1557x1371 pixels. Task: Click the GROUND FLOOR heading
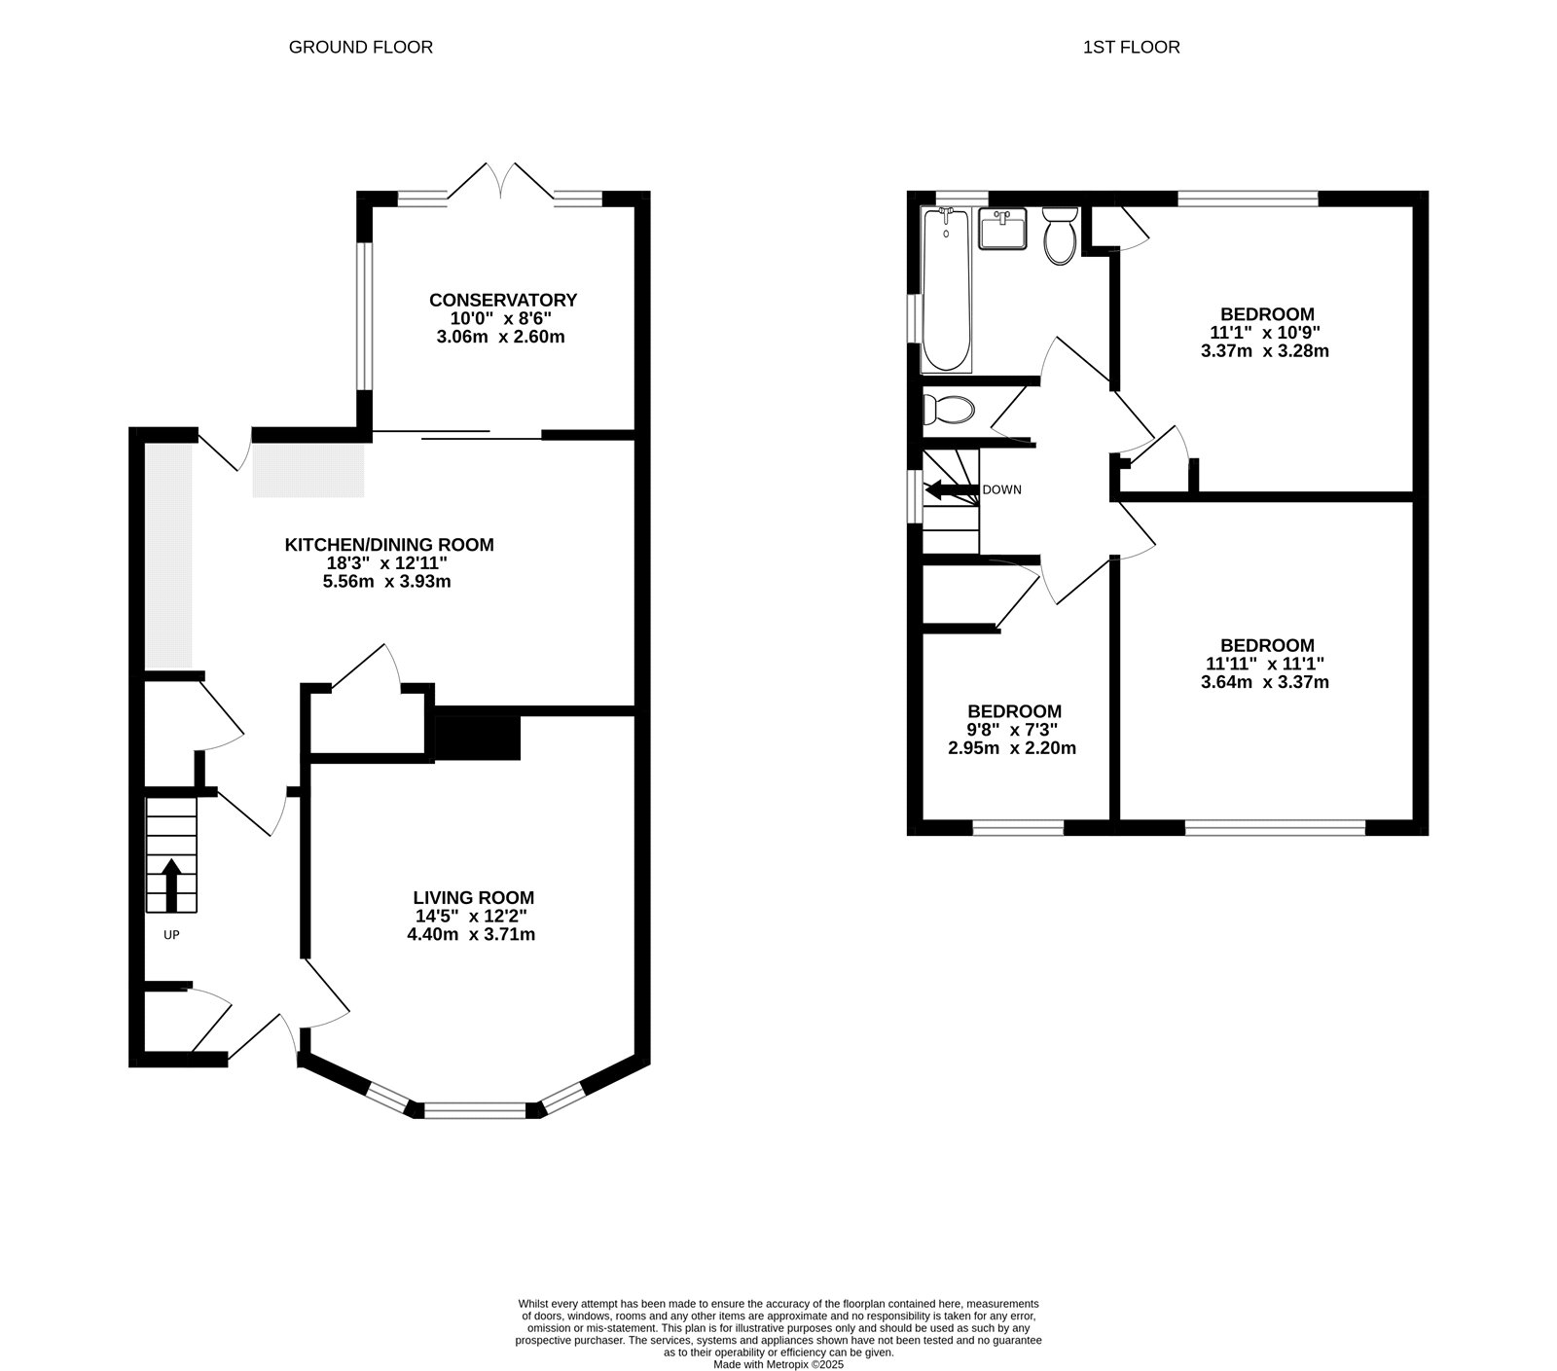pos(360,47)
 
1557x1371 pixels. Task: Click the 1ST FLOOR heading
pos(1131,47)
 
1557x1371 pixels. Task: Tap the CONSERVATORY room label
pos(503,300)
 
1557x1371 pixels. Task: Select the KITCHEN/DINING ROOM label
pos(388,545)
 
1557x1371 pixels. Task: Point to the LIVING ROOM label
pos(473,897)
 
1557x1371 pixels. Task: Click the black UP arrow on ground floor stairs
pos(172,884)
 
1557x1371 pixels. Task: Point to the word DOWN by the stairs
pos(1001,489)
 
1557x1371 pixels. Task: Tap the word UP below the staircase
pos(171,935)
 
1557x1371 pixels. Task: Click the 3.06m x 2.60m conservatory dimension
pos(501,338)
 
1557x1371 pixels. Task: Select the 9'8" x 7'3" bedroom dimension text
pos(1012,730)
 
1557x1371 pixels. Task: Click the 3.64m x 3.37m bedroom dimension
pos(1265,682)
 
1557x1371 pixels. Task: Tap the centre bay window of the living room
pos(473,1109)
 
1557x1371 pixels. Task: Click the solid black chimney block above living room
pos(477,737)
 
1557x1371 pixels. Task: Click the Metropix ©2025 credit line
pos(778,1364)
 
